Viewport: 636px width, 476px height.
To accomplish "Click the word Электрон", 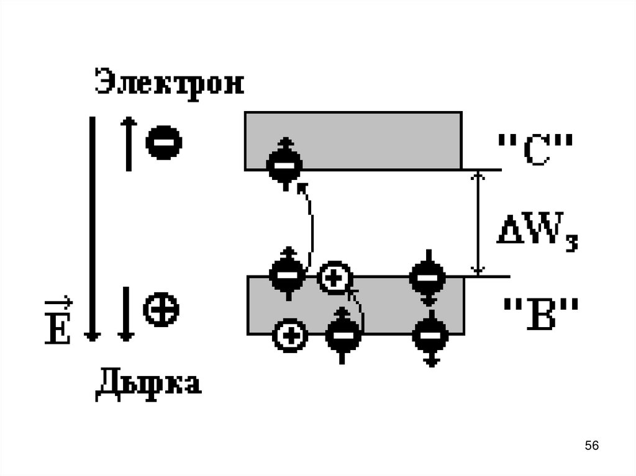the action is pos(169,83).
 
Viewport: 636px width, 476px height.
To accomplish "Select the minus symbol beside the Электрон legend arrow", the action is pos(164,142).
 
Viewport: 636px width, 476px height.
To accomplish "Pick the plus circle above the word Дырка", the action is pos(161,308).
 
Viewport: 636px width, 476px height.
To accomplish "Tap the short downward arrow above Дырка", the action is pos(126,313).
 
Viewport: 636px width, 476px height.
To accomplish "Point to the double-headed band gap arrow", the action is pos(478,223).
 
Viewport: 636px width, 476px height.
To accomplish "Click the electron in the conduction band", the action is pos(284,164).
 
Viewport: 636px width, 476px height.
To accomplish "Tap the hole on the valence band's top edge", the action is pos(335,278).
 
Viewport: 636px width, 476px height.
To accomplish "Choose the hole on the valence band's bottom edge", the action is pos(289,335).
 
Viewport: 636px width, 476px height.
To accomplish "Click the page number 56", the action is pos(592,446).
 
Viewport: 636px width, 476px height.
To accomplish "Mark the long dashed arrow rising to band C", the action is pos(310,220).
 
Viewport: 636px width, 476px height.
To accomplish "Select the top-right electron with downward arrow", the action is pos(427,277).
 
